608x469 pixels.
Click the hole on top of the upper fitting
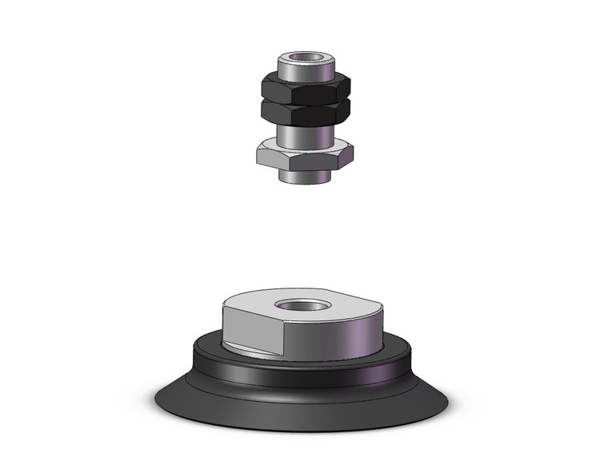(304, 59)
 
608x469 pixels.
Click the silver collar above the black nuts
(304, 69)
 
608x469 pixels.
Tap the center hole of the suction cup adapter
(298, 305)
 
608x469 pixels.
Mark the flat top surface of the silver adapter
(336, 302)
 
